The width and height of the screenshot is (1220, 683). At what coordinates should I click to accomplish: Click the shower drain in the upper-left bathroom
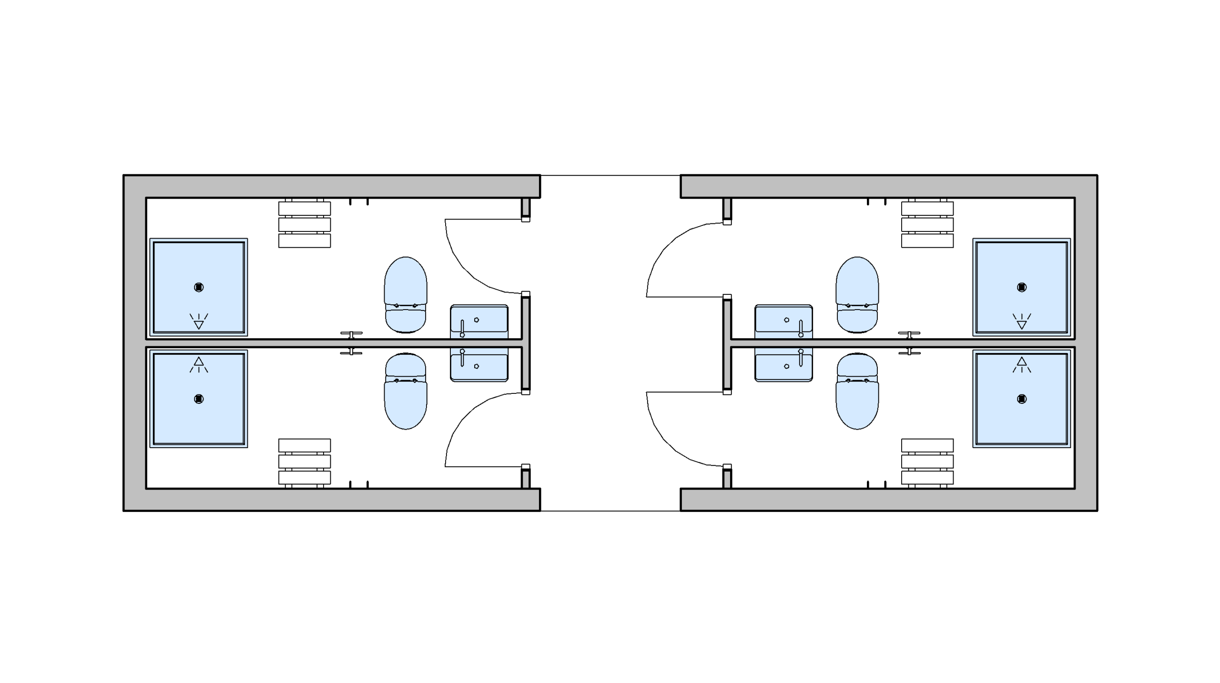(x=199, y=287)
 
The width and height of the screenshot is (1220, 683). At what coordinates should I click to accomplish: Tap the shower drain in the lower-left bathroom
(x=199, y=399)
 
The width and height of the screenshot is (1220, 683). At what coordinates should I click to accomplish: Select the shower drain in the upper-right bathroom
(x=1021, y=287)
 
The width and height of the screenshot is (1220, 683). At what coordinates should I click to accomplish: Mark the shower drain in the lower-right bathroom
(x=1021, y=399)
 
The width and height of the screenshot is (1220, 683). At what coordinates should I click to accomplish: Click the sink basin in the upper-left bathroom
(x=479, y=319)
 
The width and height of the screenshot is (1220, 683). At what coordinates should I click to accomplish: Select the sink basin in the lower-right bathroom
(x=783, y=367)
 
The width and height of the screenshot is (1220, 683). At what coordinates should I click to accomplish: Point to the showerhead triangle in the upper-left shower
(x=199, y=325)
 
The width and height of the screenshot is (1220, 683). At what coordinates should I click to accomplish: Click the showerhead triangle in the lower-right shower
(x=1021, y=362)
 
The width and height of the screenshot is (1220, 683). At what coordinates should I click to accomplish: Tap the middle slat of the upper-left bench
(x=305, y=224)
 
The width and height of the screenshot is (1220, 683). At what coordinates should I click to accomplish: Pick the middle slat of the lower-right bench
(x=927, y=462)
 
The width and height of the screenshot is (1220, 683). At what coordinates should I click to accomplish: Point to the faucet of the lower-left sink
(x=462, y=357)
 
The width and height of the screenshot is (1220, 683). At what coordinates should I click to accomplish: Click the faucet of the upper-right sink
(x=801, y=328)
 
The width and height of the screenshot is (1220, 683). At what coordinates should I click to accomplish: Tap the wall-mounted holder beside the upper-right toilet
(x=909, y=334)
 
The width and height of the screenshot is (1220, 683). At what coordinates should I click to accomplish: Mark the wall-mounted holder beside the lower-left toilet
(x=351, y=352)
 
